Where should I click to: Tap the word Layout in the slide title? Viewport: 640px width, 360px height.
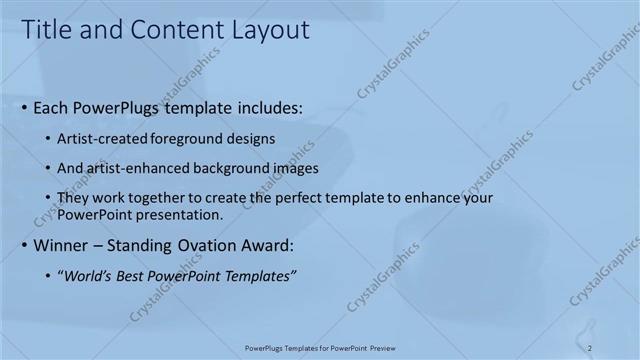pos(270,30)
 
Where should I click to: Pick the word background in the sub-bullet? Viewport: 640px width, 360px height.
pos(214,168)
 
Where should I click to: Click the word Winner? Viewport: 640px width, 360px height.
pos(62,245)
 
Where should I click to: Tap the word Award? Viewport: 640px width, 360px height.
pos(271,245)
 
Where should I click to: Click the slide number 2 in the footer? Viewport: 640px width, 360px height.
pos(590,348)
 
